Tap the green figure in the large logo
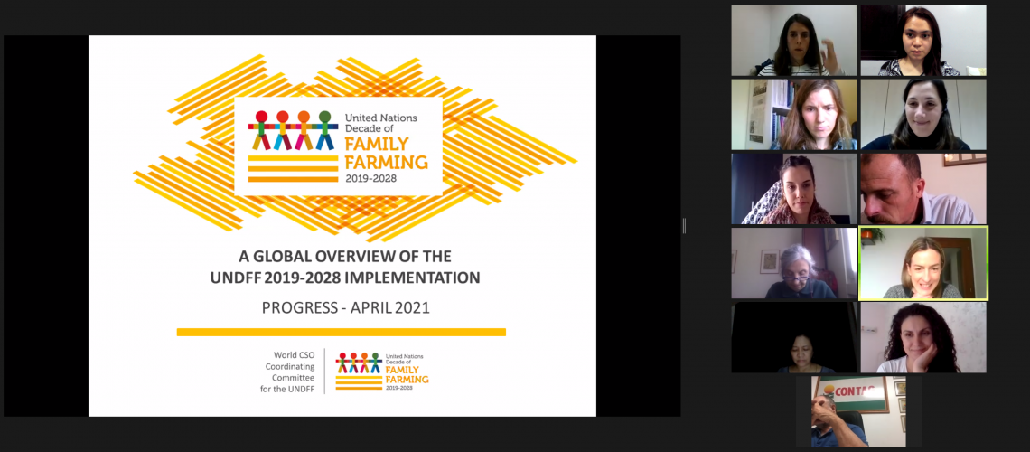pyautogui.click(x=324, y=130)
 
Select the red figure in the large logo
pyautogui.click(x=261, y=130)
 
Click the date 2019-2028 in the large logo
pyautogui.click(x=371, y=178)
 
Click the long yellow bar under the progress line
pyautogui.click(x=342, y=333)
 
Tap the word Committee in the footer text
pyautogui.click(x=294, y=378)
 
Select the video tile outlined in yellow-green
pyautogui.click(x=923, y=263)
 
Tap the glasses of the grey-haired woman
pyautogui.click(x=795, y=278)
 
